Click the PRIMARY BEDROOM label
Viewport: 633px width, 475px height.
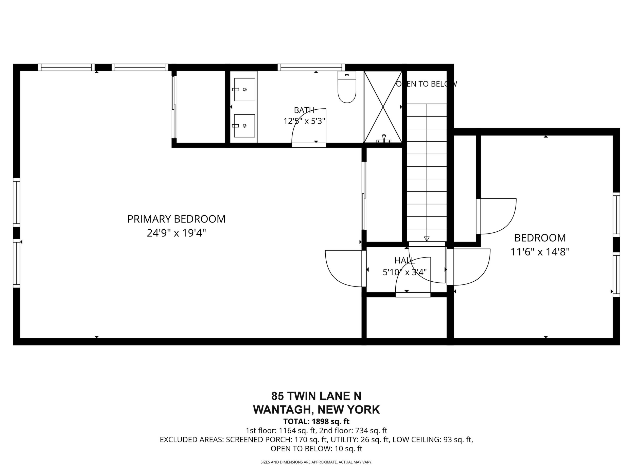click(x=176, y=219)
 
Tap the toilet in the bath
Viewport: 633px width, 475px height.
click(x=347, y=87)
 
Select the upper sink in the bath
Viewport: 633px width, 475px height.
click(x=245, y=90)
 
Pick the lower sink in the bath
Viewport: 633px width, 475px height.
click(x=245, y=126)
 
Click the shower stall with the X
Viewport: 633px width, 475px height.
click(x=383, y=107)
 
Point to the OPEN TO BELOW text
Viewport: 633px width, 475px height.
click(x=426, y=84)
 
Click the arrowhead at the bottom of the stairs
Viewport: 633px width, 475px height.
click(x=427, y=239)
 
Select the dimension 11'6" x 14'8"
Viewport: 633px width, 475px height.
click(x=540, y=252)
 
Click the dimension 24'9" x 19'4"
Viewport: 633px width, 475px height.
click(x=176, y=233)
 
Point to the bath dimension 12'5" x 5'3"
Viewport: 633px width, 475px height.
click(x=305, y=121)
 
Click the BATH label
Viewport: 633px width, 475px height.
click(x=304, y=110)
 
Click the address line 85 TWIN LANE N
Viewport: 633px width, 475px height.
click(x=316, y=396)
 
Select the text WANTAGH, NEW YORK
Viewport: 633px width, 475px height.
click(x=316, y=410)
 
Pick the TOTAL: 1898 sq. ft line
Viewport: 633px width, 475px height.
click(x=316, y=421)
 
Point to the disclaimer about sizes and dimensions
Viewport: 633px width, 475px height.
click(x=316, y=462)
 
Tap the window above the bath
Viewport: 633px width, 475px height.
click(x=311, y=67)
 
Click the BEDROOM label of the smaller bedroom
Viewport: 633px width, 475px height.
click(x=540, y=238)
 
